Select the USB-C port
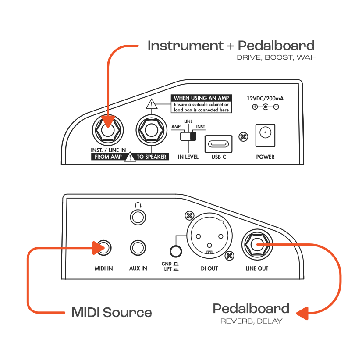point(219,143)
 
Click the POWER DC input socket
point(266,135)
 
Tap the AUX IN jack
point(138,248)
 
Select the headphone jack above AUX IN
point(138,217)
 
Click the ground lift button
point(176,251)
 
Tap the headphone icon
point(138,204)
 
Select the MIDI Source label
point(112,313)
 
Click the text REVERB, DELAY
point(251,321)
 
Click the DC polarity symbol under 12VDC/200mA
point(265,107)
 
